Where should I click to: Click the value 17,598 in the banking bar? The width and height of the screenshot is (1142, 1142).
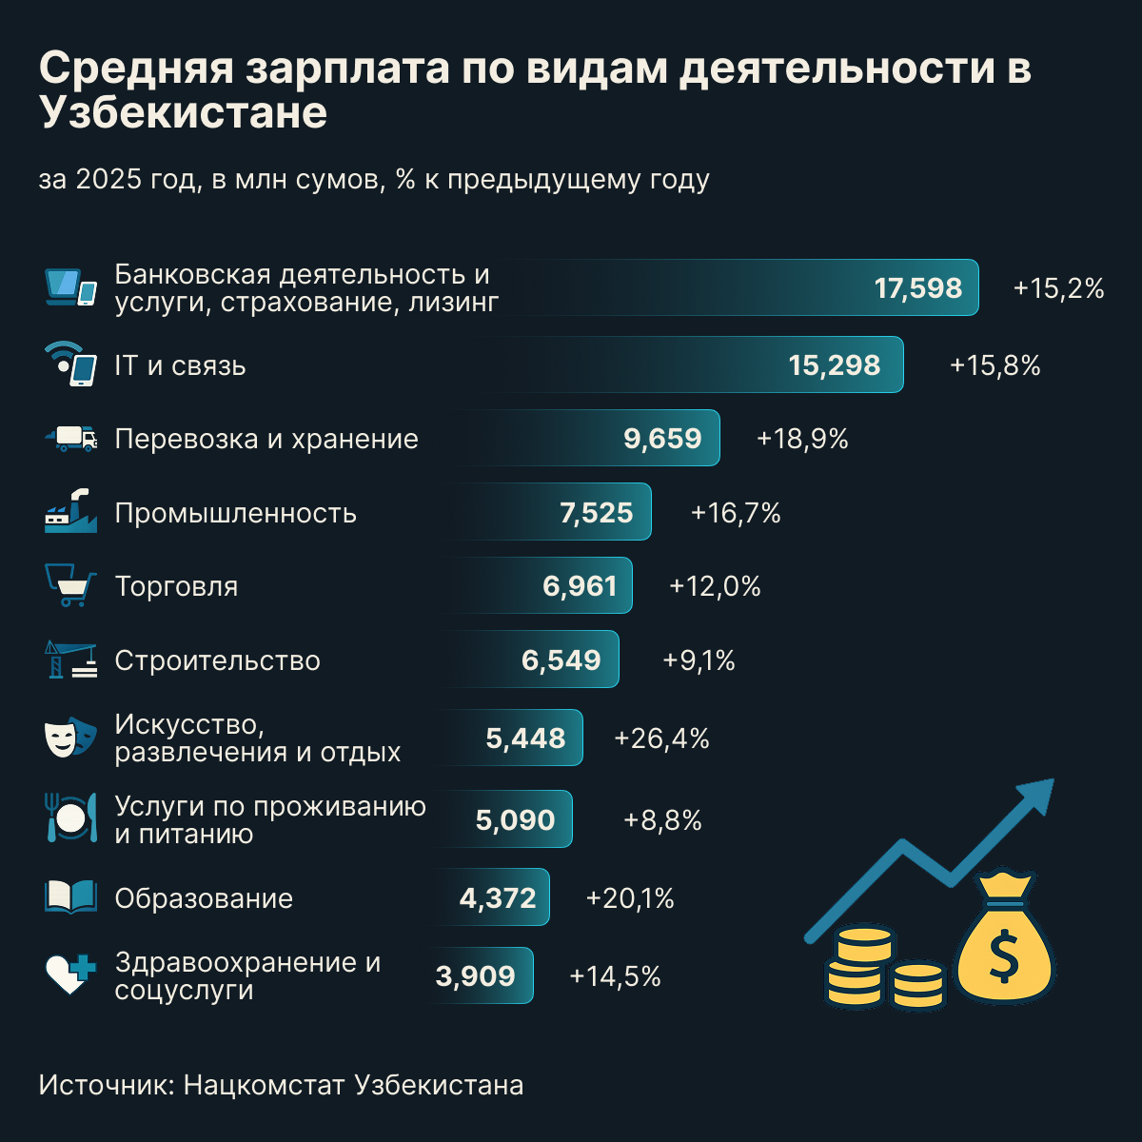[917, 288]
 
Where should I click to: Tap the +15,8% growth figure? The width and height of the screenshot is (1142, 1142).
[994, 365]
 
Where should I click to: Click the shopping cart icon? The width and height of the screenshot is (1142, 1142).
[71, 585]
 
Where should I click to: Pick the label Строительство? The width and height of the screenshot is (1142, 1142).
[217, 660]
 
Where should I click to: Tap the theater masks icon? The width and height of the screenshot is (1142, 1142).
[70, 738]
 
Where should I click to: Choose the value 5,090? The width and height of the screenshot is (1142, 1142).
[515, 819]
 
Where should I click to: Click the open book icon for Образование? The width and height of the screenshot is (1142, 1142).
[71, 897]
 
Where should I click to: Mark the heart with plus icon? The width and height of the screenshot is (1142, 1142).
[71, 975]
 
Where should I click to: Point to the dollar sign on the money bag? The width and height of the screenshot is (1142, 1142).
[1004, 956]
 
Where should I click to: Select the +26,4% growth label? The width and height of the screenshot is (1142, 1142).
[661, 738]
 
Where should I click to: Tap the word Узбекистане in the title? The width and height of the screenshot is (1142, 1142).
[184, 112]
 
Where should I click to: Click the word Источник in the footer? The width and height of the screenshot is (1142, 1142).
[103, 1085]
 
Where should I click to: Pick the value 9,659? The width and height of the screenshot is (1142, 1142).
[662, 439]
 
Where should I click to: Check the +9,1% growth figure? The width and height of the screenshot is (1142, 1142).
[699, 660]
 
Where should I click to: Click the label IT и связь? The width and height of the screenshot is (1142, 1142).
[180, 365]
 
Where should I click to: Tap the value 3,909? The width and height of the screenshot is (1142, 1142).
[475, 975]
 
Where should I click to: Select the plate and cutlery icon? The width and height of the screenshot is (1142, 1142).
[71, 817]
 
